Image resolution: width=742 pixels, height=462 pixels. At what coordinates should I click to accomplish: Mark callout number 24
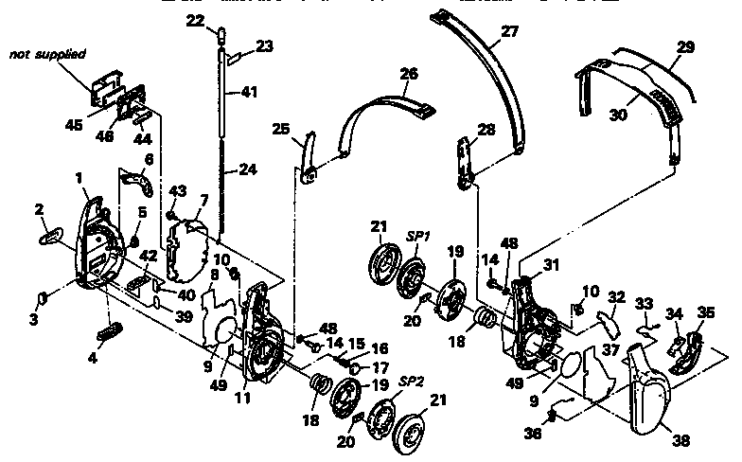247,171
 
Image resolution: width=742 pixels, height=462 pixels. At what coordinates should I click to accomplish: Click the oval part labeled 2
54,236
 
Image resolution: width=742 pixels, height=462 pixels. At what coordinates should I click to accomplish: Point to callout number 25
280,128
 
